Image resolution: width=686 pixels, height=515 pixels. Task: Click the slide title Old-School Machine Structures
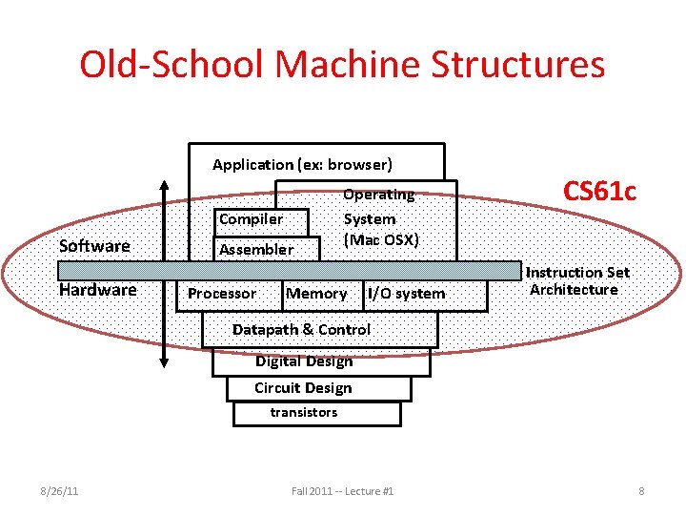tap(342, 65)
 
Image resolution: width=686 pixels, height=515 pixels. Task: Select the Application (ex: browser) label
tap(302, 164)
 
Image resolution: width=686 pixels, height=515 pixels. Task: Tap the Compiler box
tap(251, 219)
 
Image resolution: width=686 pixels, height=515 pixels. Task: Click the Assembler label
tap(256, 250)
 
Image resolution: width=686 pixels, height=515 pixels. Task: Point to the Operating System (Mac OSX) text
tap(380, 217)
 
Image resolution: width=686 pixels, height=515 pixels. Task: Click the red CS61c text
tap(599, 191)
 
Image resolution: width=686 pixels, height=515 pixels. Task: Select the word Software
tap(94, 246)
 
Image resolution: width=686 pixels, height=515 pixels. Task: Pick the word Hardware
tap(97, 290)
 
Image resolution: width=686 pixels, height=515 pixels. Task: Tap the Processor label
tap(222, 294)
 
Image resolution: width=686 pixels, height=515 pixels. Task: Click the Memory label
tap(316, 294)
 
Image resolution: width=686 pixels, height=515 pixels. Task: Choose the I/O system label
tap(407, 294)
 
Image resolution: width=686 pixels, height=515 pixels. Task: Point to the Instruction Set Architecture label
tap(577, 281)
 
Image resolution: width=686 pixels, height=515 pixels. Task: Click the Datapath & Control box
tap(302, 330)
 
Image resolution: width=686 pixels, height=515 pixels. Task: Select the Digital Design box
tap(304, 361)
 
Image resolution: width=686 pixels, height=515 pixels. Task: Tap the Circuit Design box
tap(303, 388)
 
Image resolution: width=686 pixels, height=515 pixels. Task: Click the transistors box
tap(304, 413)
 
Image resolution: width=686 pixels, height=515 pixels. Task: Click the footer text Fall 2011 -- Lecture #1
tap(342, 491)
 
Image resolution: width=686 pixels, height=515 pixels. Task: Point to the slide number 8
tap(641, 491)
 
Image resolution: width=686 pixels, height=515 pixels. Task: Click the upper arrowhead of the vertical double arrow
tap(165, 185)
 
